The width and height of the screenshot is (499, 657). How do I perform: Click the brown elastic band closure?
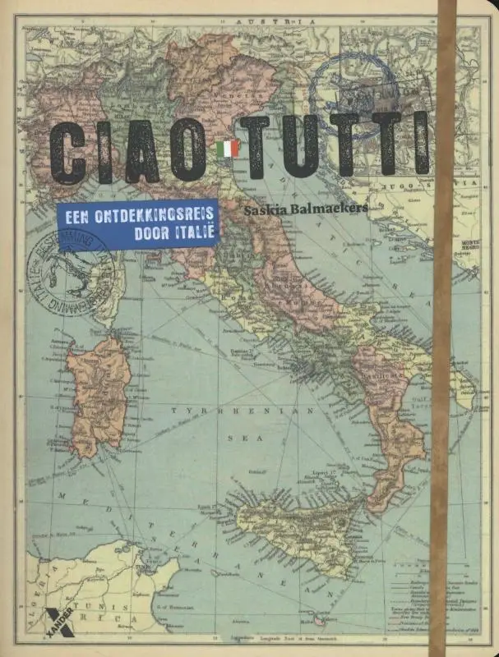445,328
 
